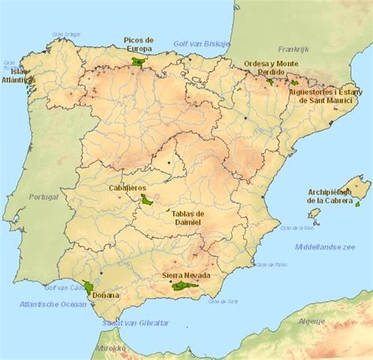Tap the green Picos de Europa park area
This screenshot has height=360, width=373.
coord(141,60)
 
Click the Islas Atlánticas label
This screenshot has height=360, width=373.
coord(19,74)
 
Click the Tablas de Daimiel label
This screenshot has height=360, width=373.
coord(188,218)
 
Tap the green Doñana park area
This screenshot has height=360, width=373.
coord(90,287)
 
